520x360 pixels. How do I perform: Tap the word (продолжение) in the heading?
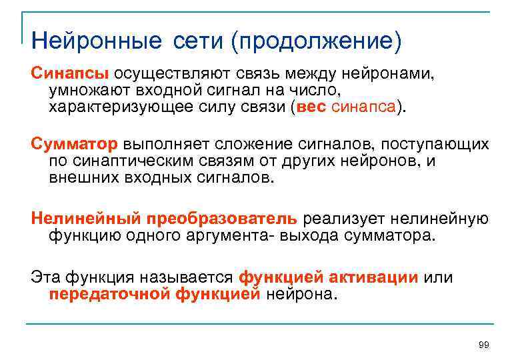click(316, 41)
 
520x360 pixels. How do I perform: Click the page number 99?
click(484, 344)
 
